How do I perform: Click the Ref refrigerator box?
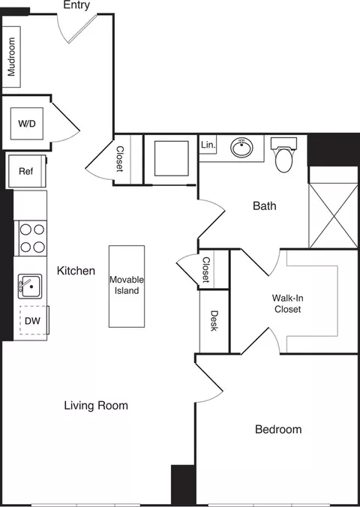click(x=26, y=171)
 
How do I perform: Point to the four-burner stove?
click(x=31, y=238)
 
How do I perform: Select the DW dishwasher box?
click(x=31, y=321)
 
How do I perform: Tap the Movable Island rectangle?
click(x=126, y=286)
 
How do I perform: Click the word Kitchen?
click(x=76, y=271)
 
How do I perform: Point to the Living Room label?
click(x=95, y=406)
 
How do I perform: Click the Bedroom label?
click(x=278, y=430)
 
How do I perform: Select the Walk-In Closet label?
click(x=287, y=303)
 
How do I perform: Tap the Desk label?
click(x=214, y=321)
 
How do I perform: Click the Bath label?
click(x=265, y=205)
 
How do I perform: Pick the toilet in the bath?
click(x=283, y=156)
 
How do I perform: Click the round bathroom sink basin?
click(x=241, y=148)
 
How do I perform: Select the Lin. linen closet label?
click(x=208, y=144)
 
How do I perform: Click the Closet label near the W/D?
click(x=120, y=159)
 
